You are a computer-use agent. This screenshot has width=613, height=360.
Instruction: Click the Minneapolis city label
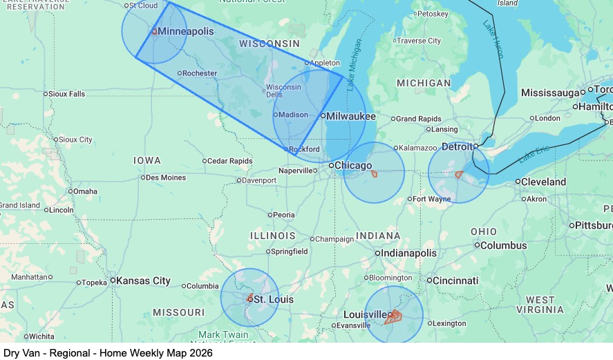185,32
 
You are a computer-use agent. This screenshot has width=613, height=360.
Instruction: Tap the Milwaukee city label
350,116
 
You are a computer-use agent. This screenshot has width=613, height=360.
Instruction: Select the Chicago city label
353,165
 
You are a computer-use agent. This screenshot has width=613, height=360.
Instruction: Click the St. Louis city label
273,299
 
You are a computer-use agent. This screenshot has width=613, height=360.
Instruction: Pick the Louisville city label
366,314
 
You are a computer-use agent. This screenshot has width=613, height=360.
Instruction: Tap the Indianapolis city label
410,254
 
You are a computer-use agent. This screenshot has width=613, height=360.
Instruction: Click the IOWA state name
147,160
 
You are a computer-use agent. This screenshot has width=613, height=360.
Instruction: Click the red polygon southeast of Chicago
374,173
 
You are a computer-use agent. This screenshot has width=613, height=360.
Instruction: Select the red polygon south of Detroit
458,175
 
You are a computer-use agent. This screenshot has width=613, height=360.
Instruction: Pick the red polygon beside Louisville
393,317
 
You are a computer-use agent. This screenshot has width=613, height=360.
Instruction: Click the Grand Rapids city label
418,119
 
